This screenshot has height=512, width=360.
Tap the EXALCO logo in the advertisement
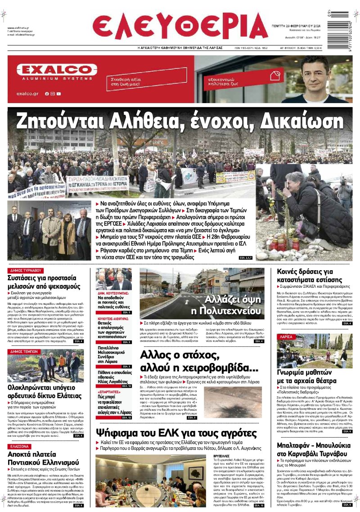coord(57,70)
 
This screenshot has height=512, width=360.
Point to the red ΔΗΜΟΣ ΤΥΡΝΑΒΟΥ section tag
coord(26,271)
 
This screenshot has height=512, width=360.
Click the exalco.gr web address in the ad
coord(28,94)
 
